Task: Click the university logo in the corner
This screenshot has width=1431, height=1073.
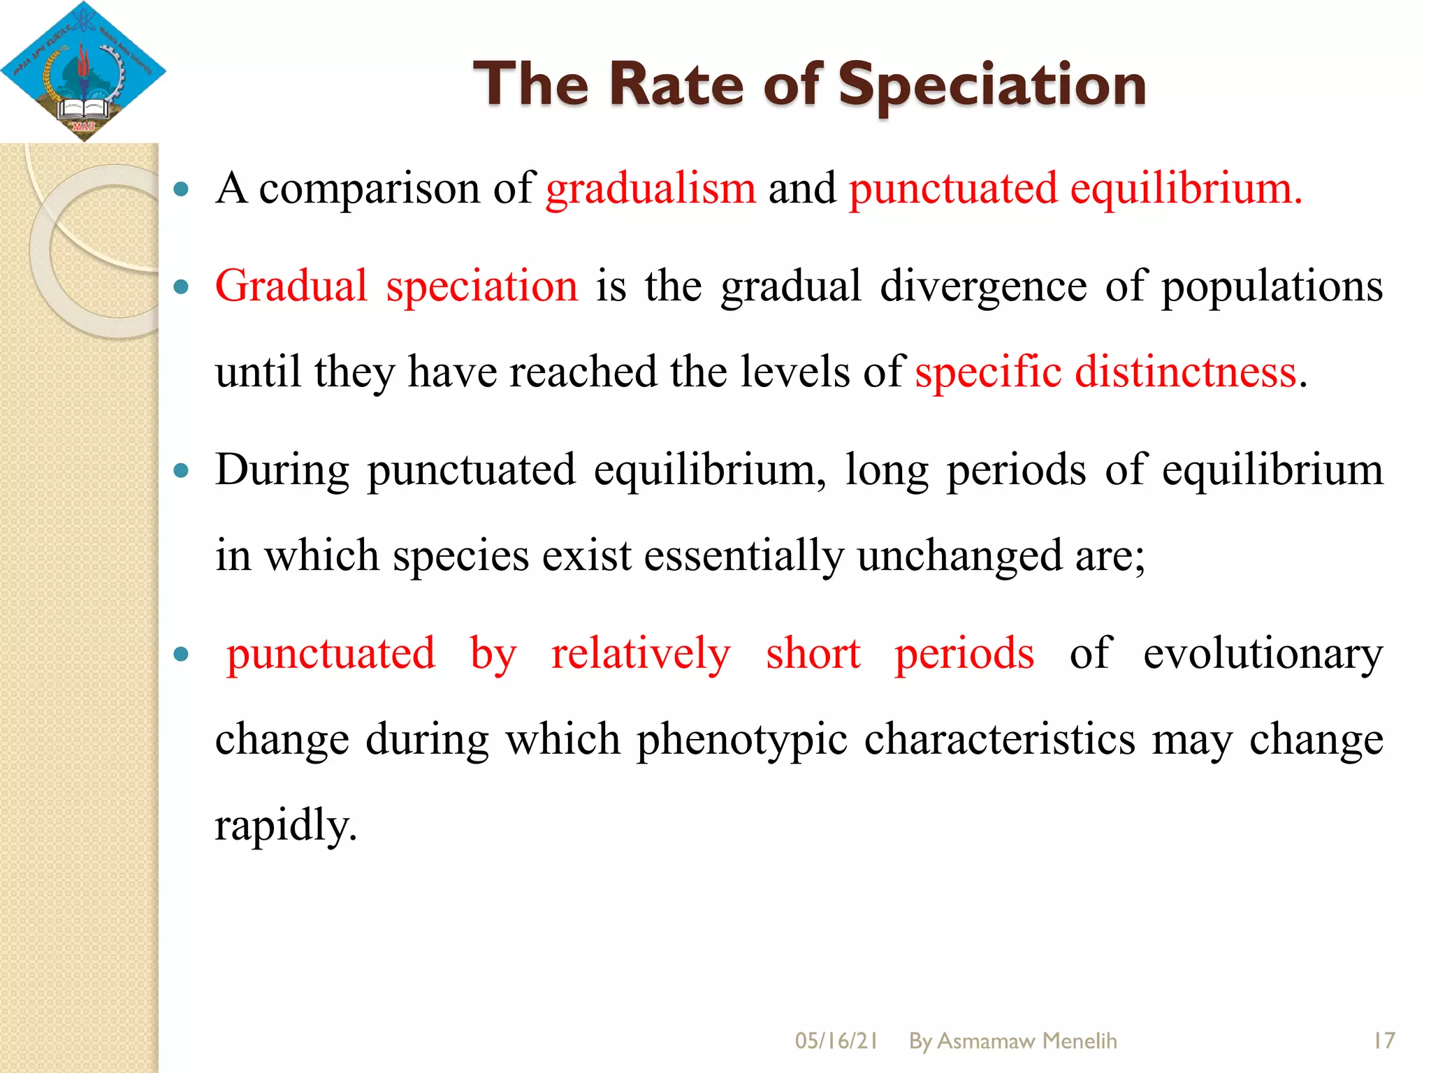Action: [83, 71]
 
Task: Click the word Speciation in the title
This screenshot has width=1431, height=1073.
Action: [991, 85]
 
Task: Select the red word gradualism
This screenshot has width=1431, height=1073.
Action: [651, 189]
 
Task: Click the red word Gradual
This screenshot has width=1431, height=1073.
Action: [291, 286]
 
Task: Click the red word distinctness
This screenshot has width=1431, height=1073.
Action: [1185, 372]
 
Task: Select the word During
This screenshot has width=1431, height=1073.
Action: [282, 469]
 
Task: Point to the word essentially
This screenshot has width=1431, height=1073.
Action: [743, 556]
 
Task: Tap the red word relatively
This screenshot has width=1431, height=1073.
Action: [641, 654]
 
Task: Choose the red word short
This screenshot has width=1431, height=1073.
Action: [813, 654]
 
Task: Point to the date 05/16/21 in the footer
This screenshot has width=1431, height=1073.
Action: [836, 1041]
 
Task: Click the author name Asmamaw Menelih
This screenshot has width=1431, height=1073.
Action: [1026, 1041]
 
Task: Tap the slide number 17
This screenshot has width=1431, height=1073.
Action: [1383, 1041]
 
